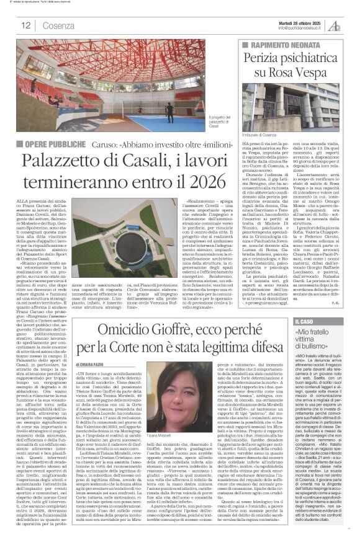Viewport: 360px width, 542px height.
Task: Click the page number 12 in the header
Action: (27, 25)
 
